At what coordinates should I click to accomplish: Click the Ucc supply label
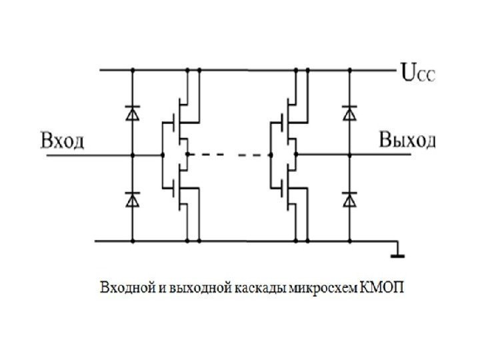tap(416, 71)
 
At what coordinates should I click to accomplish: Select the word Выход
tap(407, 141)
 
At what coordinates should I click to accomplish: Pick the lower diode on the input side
tap(133, 198)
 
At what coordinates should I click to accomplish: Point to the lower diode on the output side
tap(348, 198)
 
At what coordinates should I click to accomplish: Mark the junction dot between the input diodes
tap(133, 155)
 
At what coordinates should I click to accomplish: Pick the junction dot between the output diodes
tap(348, 155)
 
